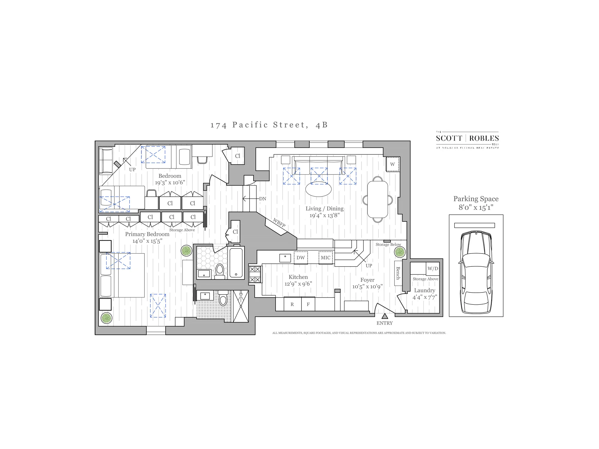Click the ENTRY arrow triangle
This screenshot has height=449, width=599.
click(385, 316)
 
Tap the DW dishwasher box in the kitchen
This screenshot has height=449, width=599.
click(301, 258)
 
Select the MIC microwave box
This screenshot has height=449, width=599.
click(326, 258)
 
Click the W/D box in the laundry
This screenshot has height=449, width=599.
click(432, 269)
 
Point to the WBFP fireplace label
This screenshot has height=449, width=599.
click(279, 223)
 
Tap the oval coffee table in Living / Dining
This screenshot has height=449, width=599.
click(318, 189)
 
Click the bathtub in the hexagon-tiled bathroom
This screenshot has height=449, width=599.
click(236, 263)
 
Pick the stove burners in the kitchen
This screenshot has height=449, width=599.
click(255, 274)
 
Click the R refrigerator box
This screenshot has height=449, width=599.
click(292, 304)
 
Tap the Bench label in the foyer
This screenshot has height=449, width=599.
click(398, 273)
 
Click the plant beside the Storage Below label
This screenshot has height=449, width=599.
click(400, 252)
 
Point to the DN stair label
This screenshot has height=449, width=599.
click(262, 199)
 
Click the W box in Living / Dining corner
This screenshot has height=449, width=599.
click(392, 164)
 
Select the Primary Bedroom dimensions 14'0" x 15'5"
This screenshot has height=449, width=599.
click(147, 241)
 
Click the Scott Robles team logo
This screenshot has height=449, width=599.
click(467, 139)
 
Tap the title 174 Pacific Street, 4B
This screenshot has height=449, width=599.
click(269, 125)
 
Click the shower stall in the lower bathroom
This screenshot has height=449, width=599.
click(241, 306)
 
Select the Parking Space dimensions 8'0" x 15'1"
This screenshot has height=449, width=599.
click(476, 207)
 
